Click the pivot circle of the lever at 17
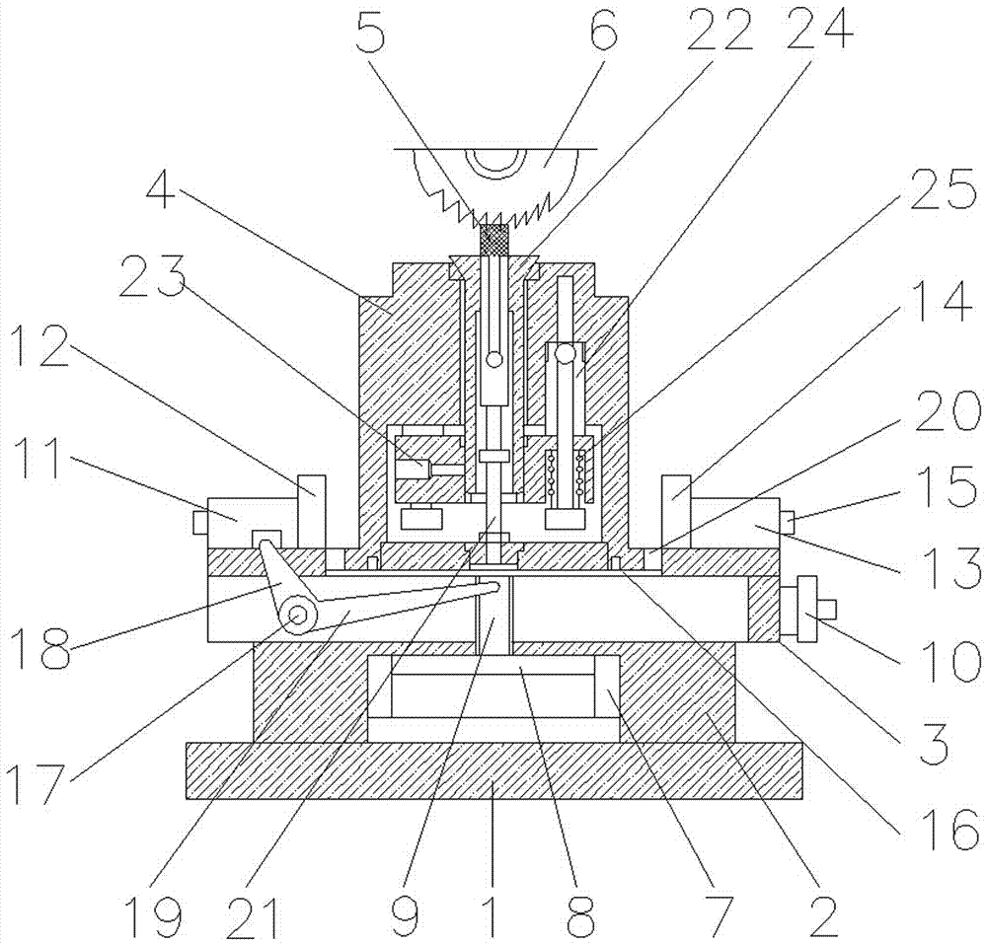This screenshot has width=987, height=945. point(297,617)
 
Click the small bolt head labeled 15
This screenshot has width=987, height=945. point(790,518)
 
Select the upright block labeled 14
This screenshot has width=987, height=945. point(677,501)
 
